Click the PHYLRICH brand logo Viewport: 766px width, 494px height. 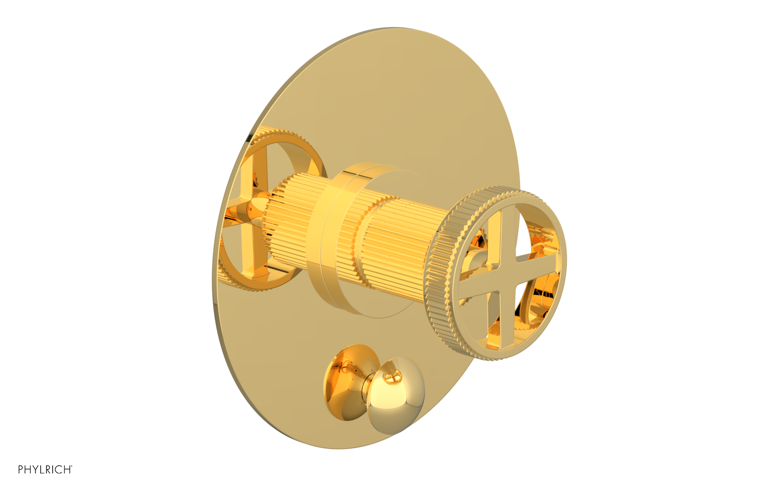45,470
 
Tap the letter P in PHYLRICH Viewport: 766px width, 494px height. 21,470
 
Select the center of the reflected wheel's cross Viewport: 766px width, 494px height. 249,208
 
